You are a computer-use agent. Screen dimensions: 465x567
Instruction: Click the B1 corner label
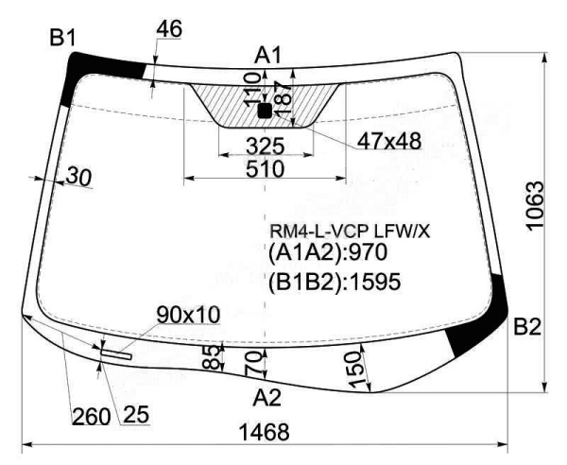point(62,39)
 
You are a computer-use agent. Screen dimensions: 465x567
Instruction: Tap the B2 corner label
point(526,328)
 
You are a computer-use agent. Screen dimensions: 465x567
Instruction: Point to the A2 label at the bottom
point(267,395)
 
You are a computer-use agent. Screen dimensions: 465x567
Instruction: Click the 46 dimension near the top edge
point(167,29)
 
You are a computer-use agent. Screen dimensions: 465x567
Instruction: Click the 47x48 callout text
point(388,142)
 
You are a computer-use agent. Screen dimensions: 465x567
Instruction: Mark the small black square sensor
point(264,111)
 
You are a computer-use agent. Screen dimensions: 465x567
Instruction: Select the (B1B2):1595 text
point(335,281)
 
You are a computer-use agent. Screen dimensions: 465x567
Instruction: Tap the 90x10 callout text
point(188,313)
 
